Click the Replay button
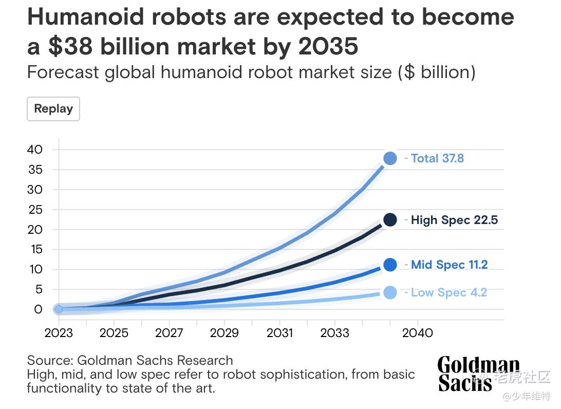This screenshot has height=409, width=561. (53, 109)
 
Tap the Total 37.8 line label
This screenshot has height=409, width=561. (437, 158)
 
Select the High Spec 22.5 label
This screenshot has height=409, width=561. (454, 220)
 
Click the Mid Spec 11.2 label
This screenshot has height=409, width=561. (449, 265)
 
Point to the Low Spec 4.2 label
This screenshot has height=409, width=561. (448, 292)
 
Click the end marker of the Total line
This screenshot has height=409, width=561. (390, 158)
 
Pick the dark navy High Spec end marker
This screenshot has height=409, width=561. (390, 220)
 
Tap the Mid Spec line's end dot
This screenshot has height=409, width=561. (390, 265)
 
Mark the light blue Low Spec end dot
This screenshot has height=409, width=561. (390, 292)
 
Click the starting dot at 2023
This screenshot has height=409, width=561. (59, 309)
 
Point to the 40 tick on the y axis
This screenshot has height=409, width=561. (34, 150)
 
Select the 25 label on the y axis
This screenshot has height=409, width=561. (34, 210)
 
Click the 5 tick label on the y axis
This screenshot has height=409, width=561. (38, 289)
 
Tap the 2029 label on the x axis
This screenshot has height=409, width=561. (225, 333)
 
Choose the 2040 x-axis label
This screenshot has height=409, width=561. (418, 333)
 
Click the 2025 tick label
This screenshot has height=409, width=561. (114, 333)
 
